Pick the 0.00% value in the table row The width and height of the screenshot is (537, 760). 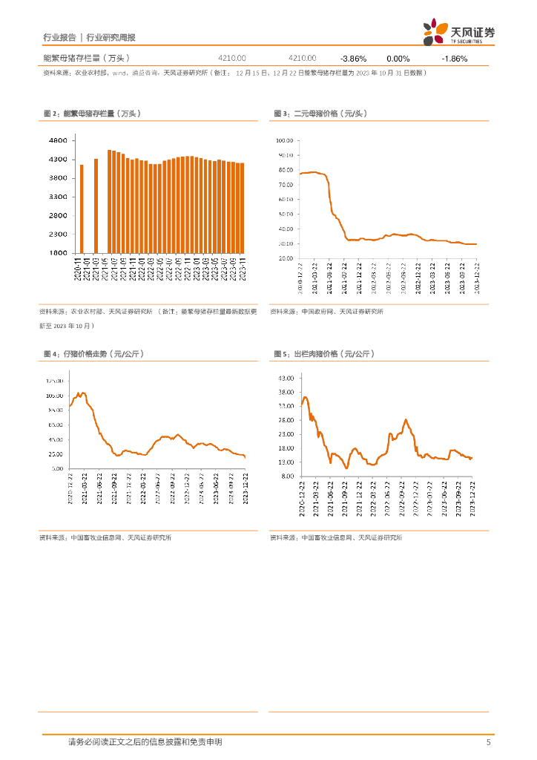click(x=398, y=58)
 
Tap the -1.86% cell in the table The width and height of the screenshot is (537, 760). click(x=454, y=58)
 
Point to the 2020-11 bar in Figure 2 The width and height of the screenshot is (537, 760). click(x=82, y=209)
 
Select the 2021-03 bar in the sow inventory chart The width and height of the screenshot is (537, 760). click(x=96, y=206)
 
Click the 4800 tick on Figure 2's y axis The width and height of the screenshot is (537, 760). click(x=58, y=140)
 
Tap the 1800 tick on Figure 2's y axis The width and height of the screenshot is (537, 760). click(x=58, y=253)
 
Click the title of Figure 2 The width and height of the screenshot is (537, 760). click(x=92, y=114)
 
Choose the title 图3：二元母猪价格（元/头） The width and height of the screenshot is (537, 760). click(x=320, y=114)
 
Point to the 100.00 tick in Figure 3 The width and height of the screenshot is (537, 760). click(x=285, y=140)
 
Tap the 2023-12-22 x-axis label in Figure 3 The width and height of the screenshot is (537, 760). click(x=475, y=278)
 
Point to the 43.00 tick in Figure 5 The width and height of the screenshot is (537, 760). click(x=286, y=378)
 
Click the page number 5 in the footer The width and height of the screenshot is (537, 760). click(x=488, y=742)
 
